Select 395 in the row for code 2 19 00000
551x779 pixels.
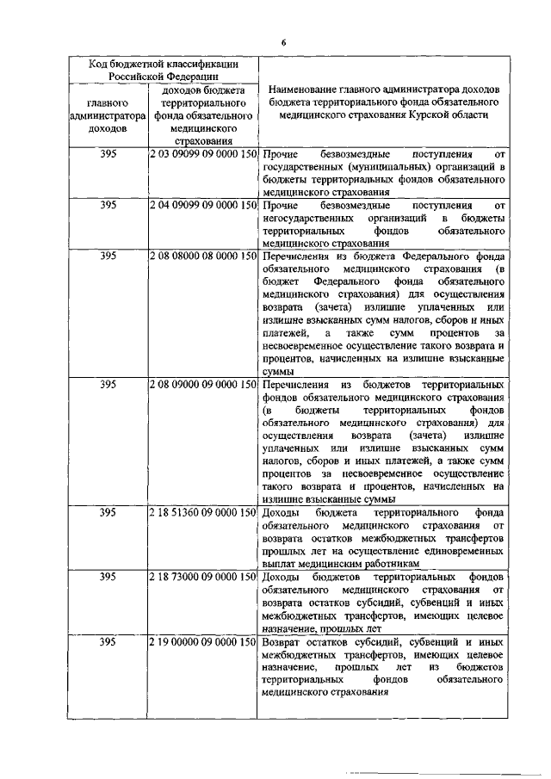[x=108, y=642]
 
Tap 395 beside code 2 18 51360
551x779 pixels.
[x=108, y=512]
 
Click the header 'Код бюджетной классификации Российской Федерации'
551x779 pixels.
[x=164, y=69]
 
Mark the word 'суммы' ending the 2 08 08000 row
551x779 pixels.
[x=278, y=372]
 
